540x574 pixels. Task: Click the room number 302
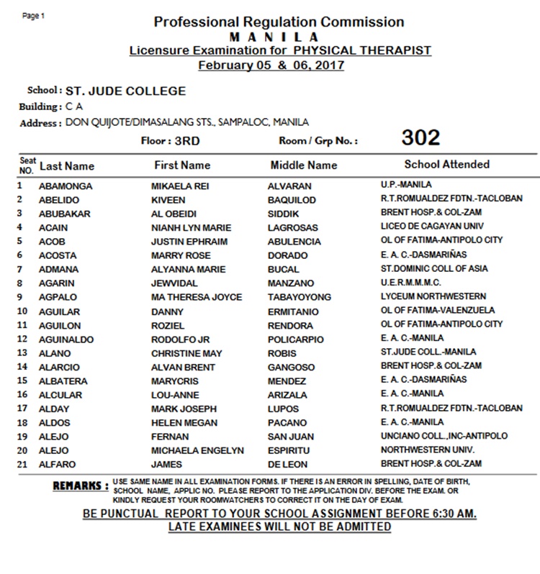pyautogui.click(x=420, y=138)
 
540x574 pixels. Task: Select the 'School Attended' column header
pyautogui.click(x=446, y=165)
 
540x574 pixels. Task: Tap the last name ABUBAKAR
pyautogui.click(x=63, y=214)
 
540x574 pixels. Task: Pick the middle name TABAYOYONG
pyautogui.click(x=300, y=297)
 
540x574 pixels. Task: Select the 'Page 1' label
pyautogui.click(x=33, y=16)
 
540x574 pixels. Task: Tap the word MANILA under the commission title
pyautogui.click(x=274, y=37)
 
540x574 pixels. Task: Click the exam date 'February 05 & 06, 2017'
pyautogui.click(x=271, y=65)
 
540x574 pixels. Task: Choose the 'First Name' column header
pyautogui.click(x=182, y=165)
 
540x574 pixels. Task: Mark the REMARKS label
pyautogui.click(x=81, y=486)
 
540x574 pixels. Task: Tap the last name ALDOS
pyautogui.click(x=55, y=422)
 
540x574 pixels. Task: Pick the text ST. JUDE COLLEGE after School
pyautogui.click(x=125, y=91)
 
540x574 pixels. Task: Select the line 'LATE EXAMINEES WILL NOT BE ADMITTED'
pyautogui.click(x=279, y=527)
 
